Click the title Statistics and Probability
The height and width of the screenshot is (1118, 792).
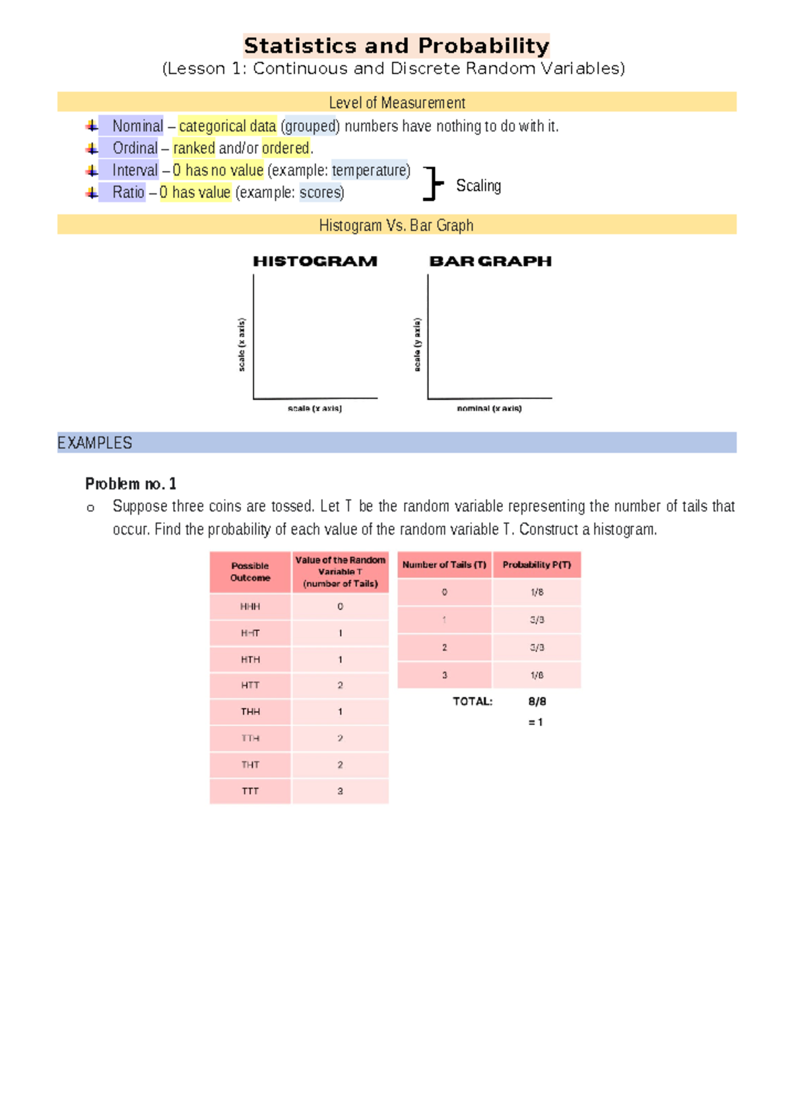click(396, 46)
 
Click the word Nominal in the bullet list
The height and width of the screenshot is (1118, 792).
click(137, 125)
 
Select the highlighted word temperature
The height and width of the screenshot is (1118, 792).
click(370, 170)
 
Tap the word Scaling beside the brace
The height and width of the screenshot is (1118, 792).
click(478, 186)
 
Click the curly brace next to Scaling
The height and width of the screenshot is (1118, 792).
click(432, 183)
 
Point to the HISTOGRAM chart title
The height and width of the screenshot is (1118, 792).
click(315, 261)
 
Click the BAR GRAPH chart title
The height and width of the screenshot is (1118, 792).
click(490, 261)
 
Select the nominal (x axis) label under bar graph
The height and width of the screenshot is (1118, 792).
click(489, 409)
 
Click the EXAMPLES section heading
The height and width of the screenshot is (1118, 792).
click(95, 443)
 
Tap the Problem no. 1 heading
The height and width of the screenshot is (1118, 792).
click(131, 484)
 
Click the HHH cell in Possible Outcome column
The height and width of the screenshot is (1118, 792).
click(250, 607)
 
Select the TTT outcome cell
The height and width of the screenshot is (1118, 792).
click(250, 791)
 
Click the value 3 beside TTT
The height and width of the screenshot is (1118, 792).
click(340, 791)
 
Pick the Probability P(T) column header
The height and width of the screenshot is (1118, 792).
click(537, 565)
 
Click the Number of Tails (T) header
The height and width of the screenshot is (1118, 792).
click(444, 565)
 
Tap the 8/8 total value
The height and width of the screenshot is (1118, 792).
click(537, 702)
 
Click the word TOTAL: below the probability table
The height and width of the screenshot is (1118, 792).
click(473, 702)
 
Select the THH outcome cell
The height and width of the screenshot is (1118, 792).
click(250, 711)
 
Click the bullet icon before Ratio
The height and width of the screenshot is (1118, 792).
click(92, 193)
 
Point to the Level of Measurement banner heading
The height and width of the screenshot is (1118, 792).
click(397, 102)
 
